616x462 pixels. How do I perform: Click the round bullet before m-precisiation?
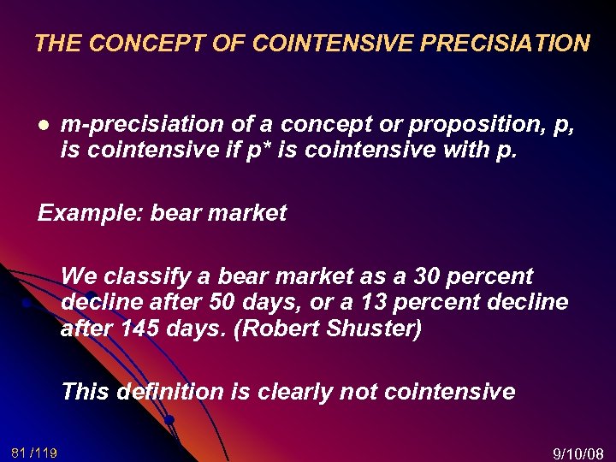click(x=43, y=125)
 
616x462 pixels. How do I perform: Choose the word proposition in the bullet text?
click(x=473, y=124)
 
